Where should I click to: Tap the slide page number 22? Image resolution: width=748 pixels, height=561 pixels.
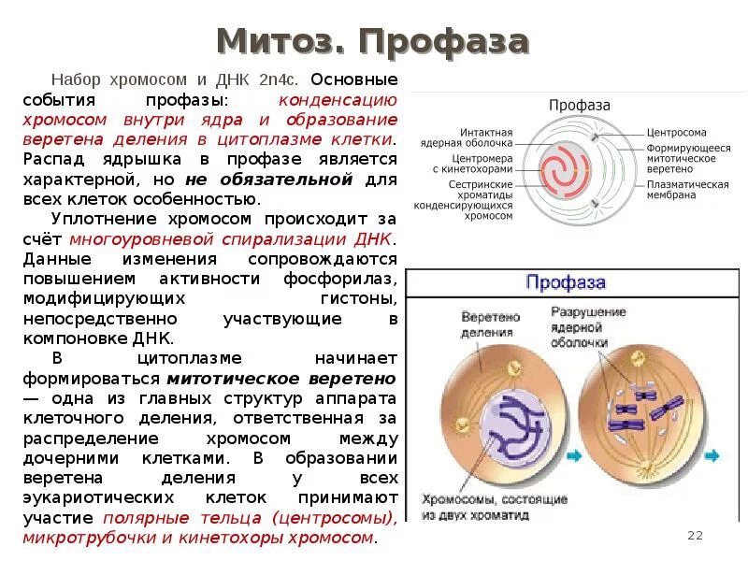click(x=694, y=535)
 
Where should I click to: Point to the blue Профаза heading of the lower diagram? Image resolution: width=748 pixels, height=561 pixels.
click(x=566, y=282)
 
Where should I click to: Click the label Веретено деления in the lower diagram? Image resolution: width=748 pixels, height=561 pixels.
click(x=489, y=324)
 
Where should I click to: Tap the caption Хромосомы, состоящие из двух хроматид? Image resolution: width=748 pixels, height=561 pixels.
click(x=480, y=506)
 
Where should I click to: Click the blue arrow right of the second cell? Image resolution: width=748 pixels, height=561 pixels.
click(x=712, y=455)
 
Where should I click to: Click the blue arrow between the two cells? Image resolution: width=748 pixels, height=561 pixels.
click(x=572, y=455)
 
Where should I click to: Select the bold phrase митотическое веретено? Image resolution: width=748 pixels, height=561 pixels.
click(x=281, y=379)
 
